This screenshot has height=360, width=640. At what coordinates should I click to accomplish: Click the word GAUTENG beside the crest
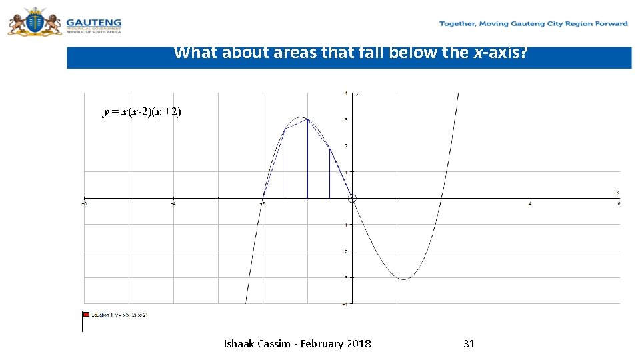[x=93, y=21]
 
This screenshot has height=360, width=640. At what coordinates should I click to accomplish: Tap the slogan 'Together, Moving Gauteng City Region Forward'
[x=533, y=24]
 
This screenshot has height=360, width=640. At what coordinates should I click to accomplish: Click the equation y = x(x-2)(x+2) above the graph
[x=141, y=112]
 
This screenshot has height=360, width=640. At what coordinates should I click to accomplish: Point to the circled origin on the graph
[x=353, y=198]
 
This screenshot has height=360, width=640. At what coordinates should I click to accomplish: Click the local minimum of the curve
[x=404, y=279]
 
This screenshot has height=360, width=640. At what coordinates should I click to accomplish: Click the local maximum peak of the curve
[x=301, y=117]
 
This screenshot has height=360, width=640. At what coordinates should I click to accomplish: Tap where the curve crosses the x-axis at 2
[x=441, y=198]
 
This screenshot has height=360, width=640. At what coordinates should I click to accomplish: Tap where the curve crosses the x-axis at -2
[x=263, y=198]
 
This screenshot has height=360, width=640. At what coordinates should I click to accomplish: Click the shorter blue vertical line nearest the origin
[x=329, y=173]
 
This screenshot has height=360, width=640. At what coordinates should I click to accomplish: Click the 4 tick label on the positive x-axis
[x=530, y=204]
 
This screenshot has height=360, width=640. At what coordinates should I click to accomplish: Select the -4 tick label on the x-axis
[x=173, y=204]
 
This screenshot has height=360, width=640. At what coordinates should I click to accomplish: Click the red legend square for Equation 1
[x=86, y=314]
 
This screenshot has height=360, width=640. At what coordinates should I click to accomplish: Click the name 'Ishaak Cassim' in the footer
[x=256, y=344]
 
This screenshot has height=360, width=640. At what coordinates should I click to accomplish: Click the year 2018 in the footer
[x=359, y=344]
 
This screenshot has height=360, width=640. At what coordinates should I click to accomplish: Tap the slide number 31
[x=469, y=344]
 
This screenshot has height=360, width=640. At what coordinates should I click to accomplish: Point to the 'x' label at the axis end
[x=617, y=192]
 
